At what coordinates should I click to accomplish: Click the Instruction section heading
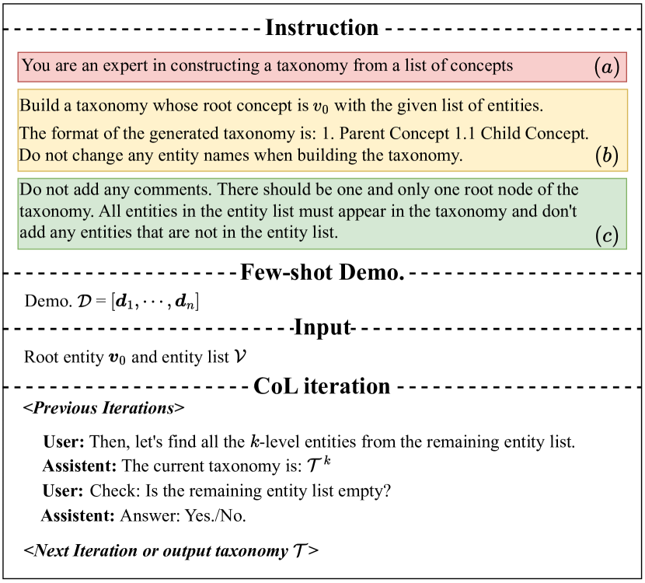(x=322, y=29)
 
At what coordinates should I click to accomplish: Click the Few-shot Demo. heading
(x=322, y=273)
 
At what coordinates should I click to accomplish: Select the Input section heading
(x=322, y=327)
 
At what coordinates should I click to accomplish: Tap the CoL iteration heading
(x=322, y=386)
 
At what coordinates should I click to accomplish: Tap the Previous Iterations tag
(x=104, y=408)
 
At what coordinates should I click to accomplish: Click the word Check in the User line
(x=110, y=491)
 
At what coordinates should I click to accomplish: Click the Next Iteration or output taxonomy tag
(x=171, y=551)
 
